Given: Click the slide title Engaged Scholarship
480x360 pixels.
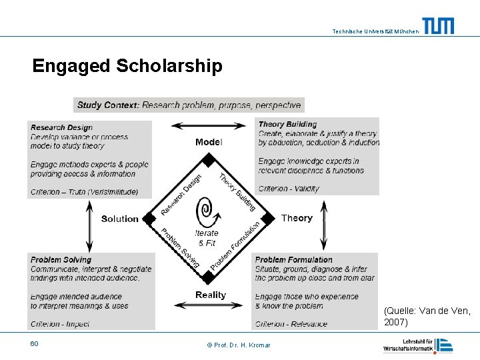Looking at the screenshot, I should [127, 67].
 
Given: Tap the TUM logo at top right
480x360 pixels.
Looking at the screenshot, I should [438, 26].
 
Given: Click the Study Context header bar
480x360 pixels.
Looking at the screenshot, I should [189, 105].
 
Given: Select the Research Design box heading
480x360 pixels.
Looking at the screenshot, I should [61, 127].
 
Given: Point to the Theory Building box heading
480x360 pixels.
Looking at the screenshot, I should [287, 124].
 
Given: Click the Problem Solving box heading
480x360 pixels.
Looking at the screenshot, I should [61, 259].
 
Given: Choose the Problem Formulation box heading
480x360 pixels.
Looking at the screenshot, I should [293, 259].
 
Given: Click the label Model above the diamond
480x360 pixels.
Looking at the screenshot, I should [209, 142].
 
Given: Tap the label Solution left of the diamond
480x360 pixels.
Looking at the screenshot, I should [120, 219].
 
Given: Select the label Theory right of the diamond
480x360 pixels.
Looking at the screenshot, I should [297, 218].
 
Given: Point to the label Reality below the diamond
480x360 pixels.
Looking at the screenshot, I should [211, 295].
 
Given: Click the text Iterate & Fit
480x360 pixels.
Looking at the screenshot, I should [207, 238].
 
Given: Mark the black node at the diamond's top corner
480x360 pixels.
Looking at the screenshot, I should [209, 160].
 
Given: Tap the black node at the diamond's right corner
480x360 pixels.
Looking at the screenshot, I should [267, 218].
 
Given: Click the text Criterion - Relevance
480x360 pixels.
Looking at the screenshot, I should [291, 324].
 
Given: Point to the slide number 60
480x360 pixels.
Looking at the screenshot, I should [34, 343].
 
